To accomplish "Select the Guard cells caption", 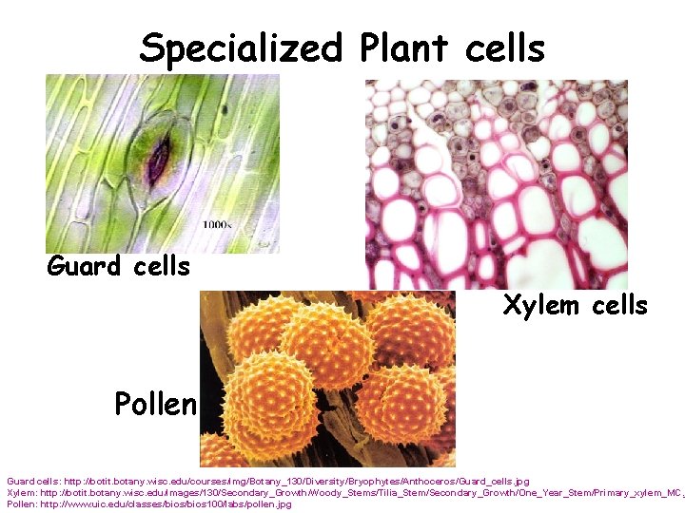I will point(119,267).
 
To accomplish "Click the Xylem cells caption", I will point(575,306).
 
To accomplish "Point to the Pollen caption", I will point(154,405).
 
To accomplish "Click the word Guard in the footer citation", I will point(21,482).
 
